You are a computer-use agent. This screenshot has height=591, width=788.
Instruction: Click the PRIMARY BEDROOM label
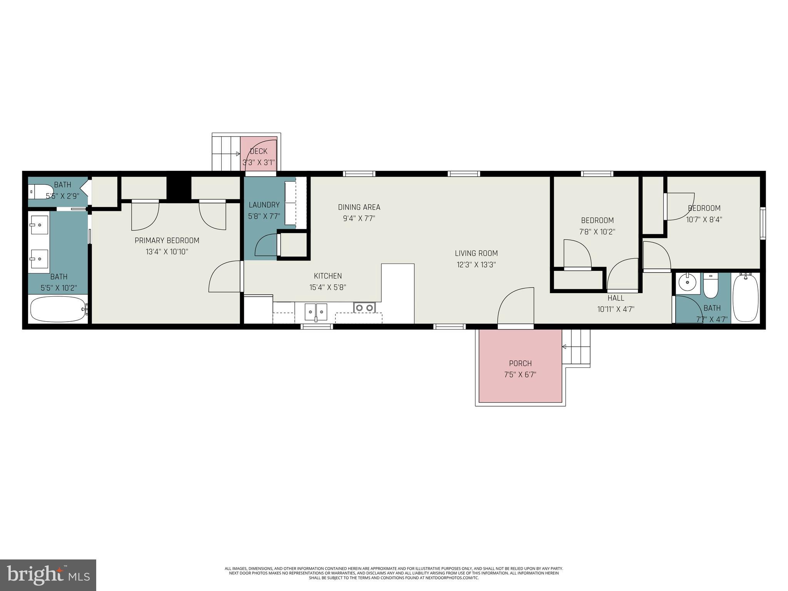coord(167,240)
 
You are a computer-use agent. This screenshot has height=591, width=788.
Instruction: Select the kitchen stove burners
coord(364,307)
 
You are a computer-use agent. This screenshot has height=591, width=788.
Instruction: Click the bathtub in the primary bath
coord(58,309)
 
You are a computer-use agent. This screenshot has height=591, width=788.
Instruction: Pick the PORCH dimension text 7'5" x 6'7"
coord(520,375)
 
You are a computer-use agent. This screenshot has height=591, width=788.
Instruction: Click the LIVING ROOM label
coord(476,253)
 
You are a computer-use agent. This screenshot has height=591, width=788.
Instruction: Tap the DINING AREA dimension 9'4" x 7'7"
coord(359,219)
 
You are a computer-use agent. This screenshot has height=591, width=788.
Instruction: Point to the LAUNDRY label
coord(264,205)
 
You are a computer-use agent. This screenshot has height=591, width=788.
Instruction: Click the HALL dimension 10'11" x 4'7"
coord(616,309)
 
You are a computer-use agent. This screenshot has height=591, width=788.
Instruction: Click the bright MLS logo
coord(48,575)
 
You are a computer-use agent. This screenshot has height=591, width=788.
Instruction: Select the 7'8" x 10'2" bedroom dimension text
coord(597,232)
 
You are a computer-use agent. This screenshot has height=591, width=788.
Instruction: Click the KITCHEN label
coord(327,276)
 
